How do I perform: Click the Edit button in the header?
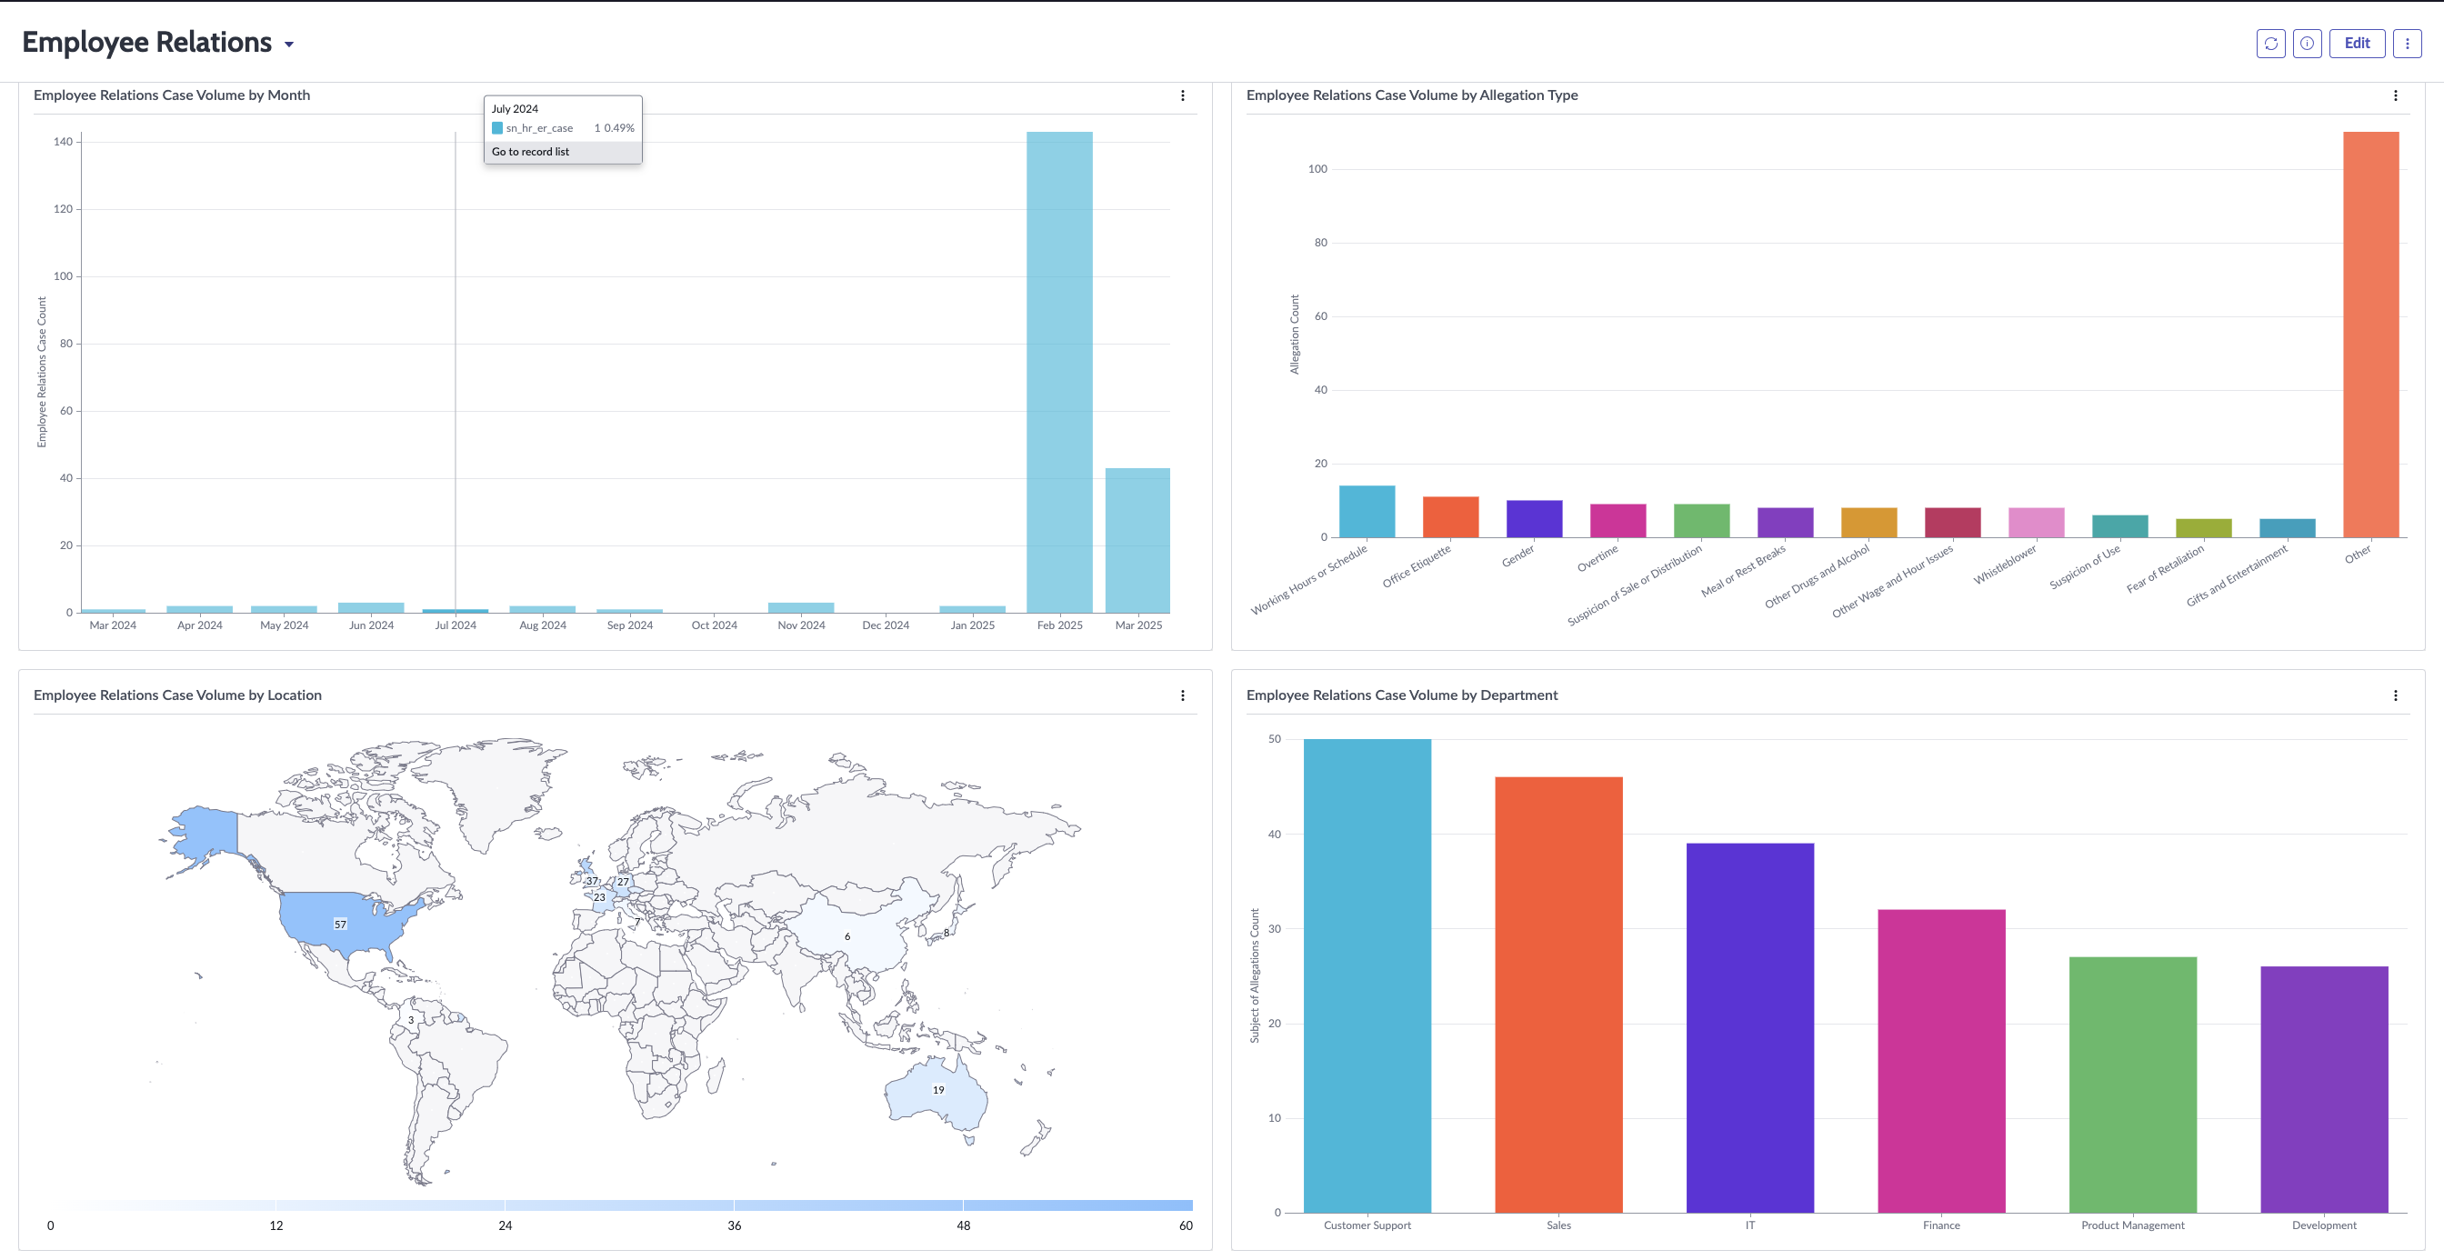click(2357, 43)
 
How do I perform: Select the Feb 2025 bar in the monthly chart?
click(1059, 372)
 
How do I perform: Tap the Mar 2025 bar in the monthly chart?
click(1137, 540)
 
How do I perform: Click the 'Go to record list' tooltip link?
click(530, 152)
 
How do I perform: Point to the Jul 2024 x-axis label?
click(456, 625)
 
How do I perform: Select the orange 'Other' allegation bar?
click(2371, 334)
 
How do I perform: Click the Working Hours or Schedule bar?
click(1367, 512)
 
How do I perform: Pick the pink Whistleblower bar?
click(2036, 523)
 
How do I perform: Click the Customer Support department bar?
click(1367, 975)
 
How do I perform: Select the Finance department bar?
click(1941, 1061)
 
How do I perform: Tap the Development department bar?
click(2325, 1089)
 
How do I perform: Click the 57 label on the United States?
click(340, 925)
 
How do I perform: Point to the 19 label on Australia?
click(938, 1090)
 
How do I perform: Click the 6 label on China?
click(847, 936)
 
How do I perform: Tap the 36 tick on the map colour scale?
click(735, 1225)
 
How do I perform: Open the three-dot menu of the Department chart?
click(2396, 695)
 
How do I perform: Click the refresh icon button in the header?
click(2270, 43)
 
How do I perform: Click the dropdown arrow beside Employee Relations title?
click(289, 45)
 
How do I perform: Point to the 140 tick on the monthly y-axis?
click(63, 142)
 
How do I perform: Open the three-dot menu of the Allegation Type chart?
click(2396, 95)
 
